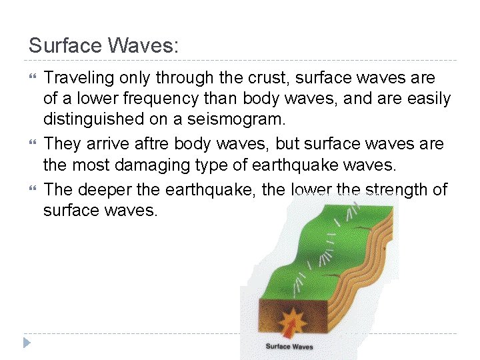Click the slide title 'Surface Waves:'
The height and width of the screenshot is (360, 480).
pos(104,45)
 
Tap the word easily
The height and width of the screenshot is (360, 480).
pos(426,99)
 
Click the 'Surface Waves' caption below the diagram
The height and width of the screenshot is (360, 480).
pos(289,346)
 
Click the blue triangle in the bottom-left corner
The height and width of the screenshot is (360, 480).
pos(27,343)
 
